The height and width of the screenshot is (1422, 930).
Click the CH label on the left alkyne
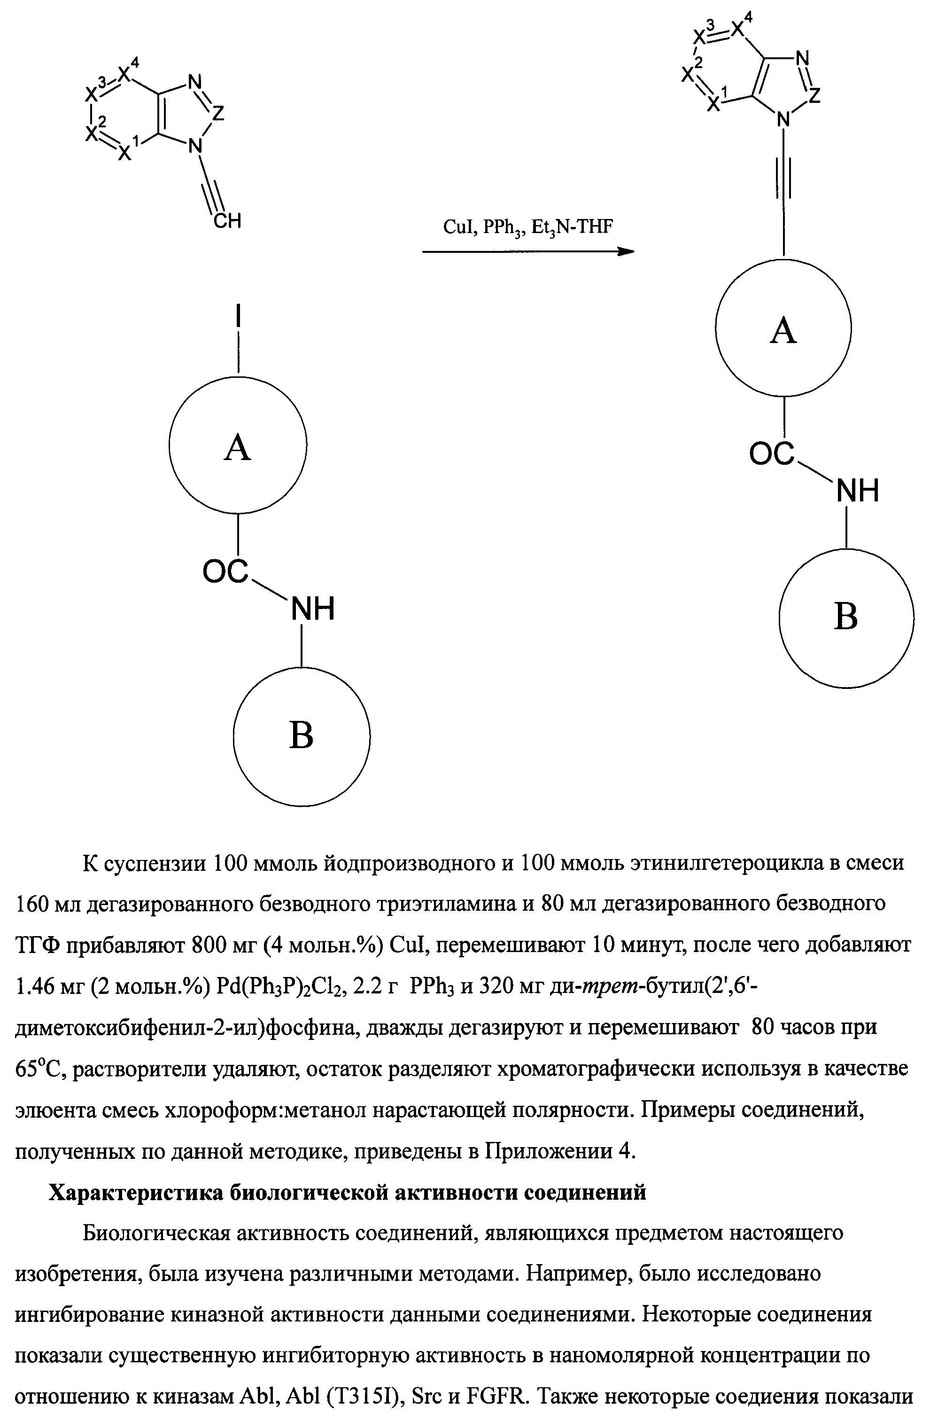(x=228, y=222)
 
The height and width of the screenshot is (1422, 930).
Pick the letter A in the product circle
(x=783, y=330)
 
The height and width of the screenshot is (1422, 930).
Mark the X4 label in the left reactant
(x=127, y=73)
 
